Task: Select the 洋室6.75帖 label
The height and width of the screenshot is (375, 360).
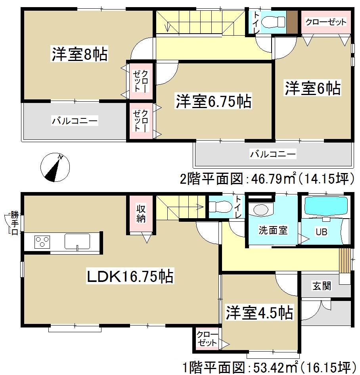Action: pos(213,102)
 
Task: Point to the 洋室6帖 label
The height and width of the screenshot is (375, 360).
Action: pos(312,88)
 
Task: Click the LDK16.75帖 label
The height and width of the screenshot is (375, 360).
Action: pos(130,276)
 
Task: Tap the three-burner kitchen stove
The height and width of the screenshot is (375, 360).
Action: pos(42,241)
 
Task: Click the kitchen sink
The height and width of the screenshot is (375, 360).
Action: pos(77,241)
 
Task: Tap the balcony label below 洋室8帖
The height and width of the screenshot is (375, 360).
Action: pos(74,121)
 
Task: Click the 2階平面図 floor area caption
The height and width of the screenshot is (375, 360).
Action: pos(266,179)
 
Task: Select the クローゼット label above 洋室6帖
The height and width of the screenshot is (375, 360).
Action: pos(326,22)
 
